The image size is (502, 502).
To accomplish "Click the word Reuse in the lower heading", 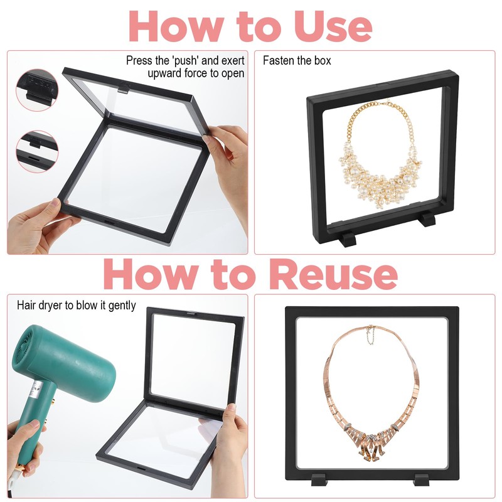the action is pyautogui.click(x=334, y=274).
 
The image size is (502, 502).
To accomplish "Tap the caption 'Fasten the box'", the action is pyautogui.click(x=297, y=60).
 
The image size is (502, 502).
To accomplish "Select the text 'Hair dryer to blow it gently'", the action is pyautogui.click(x=76, y=306).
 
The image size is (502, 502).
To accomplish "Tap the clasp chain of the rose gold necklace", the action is pyautogui.click(x=370, y=335).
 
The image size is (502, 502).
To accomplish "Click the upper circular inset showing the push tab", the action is pyautogui.click(x=37, y=90).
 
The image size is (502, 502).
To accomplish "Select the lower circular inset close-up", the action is pyautogui.click(x=37, y=151).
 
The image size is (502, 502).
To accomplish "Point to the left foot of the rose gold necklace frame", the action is pyautogui.click(x=319, y=479).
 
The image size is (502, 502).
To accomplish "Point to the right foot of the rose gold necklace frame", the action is pyautogui.click(x=422, y=479).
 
